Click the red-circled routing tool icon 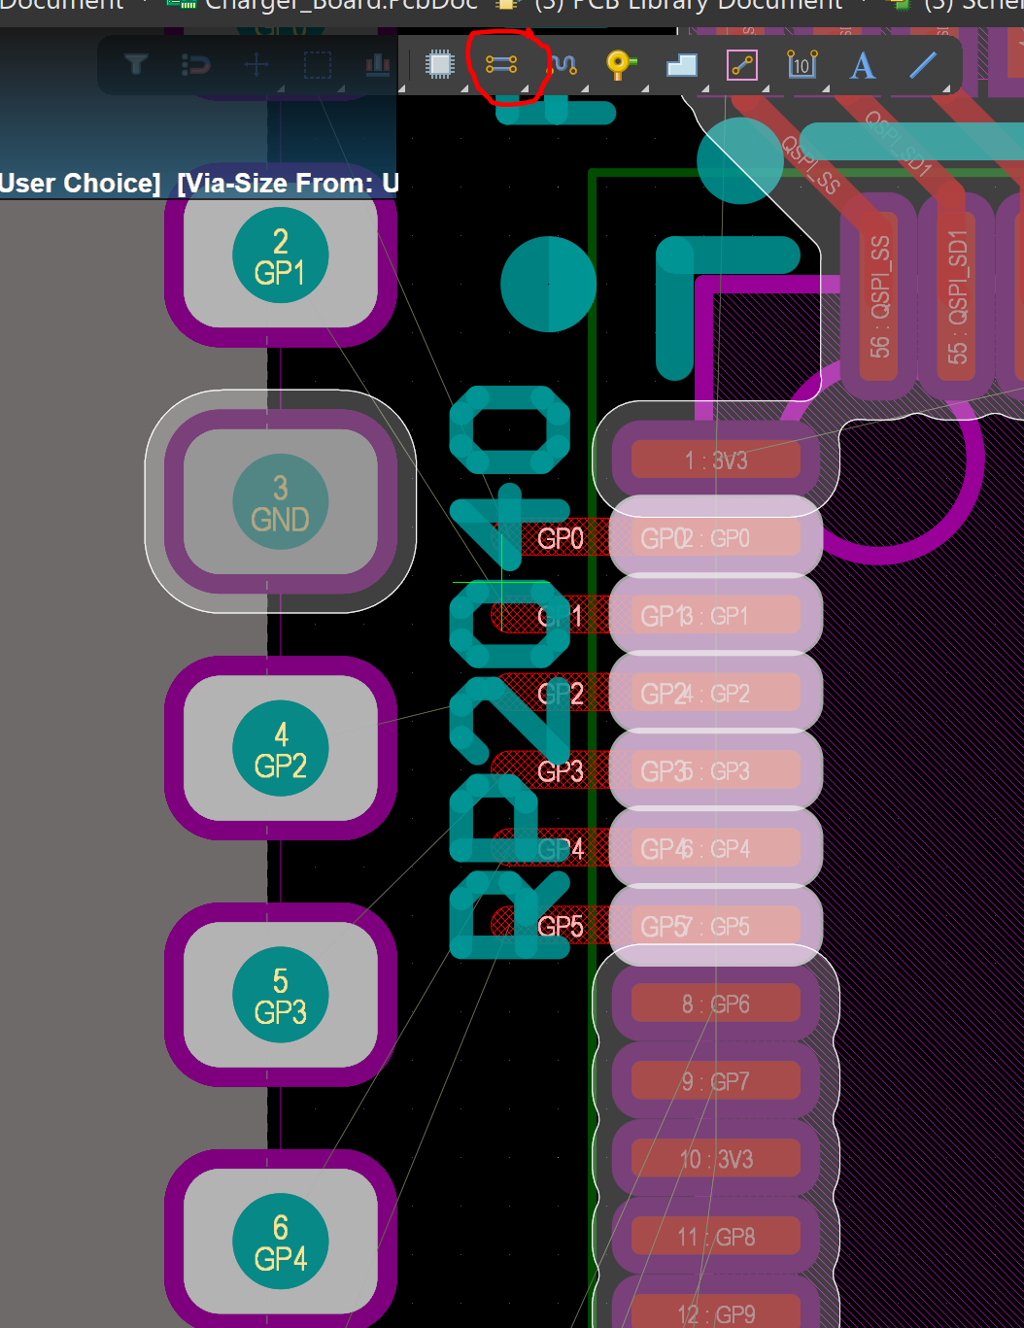501,65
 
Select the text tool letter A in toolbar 862,66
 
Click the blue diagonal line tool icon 922,65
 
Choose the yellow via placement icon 620,65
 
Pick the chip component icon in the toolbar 440,65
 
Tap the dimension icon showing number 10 802,65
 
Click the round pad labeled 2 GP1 280,256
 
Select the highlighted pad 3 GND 280,502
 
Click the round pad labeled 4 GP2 280,749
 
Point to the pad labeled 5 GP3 280,996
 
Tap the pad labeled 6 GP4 280,1243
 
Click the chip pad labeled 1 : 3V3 716,460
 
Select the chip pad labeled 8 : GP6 716,1004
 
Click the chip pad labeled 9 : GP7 716,1081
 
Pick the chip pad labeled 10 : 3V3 716,1159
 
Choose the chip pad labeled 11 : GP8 716,1237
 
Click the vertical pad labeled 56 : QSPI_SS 879,296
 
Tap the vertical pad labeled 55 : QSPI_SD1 958,296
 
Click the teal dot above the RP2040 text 548,285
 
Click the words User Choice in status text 80,183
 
